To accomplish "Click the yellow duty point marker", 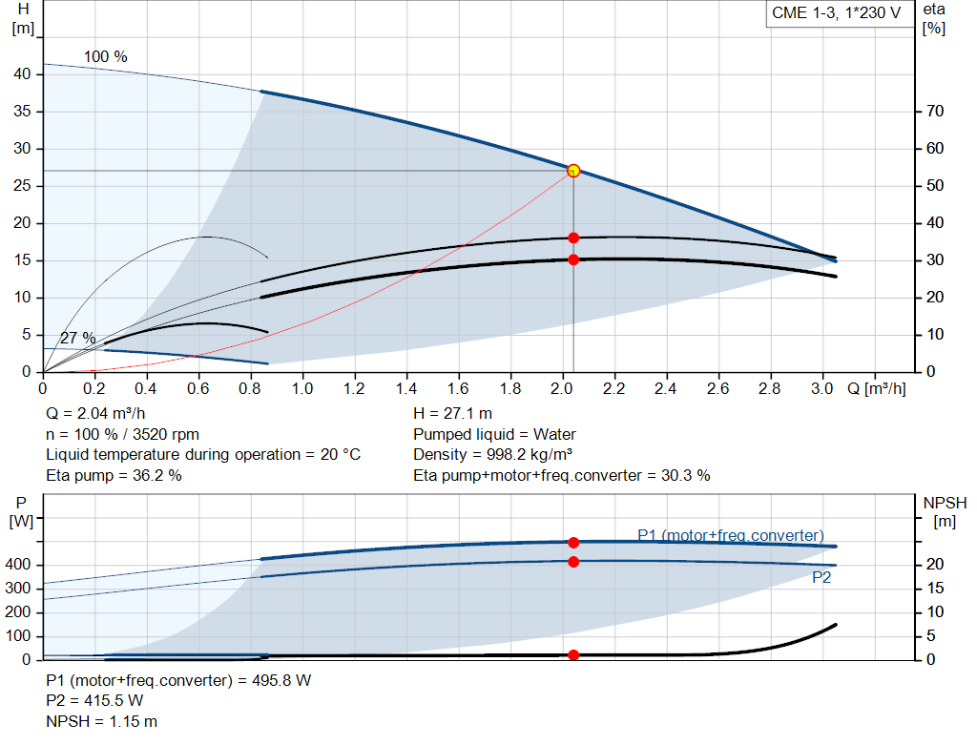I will [573, 171].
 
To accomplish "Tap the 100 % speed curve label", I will [105, 57].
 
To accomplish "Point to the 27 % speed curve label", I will [77, 339].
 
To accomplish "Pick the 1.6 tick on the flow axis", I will [459, 389].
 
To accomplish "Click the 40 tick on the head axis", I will [24, 74].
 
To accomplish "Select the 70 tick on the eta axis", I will [934, 112].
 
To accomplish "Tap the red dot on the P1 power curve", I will [573, 542].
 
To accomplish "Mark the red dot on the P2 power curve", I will [573, 562].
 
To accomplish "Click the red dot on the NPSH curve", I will [573, 655].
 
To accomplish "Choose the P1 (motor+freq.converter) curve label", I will [730, 535].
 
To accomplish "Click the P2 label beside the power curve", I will [821, 577].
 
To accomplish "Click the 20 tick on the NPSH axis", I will [934, 565].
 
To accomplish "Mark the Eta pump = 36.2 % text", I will [114, 475].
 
